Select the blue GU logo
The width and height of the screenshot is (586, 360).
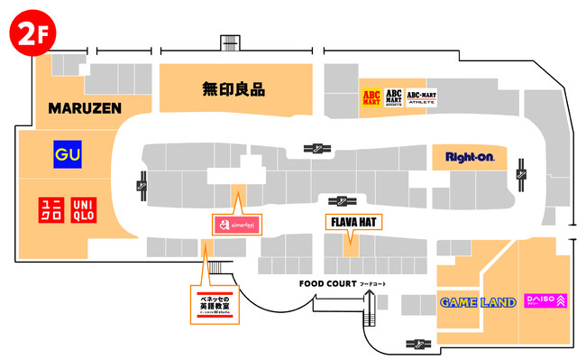pos(68,154)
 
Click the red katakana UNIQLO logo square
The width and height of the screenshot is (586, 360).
pos(51,211)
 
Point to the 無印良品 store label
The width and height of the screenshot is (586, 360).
pos(233,89)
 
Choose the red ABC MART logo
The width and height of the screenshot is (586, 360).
pos(371,97)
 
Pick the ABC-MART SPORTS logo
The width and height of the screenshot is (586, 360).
pos(394,97)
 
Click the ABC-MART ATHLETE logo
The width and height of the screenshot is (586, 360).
pos(421,97)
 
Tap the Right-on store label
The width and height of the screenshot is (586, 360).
pos(471,158)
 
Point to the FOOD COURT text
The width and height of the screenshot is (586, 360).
pos(328,283)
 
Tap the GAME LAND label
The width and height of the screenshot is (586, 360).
pos(478,301)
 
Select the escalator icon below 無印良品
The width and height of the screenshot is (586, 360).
pos(318,149)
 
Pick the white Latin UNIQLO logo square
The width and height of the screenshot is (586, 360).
pos(83,211)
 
